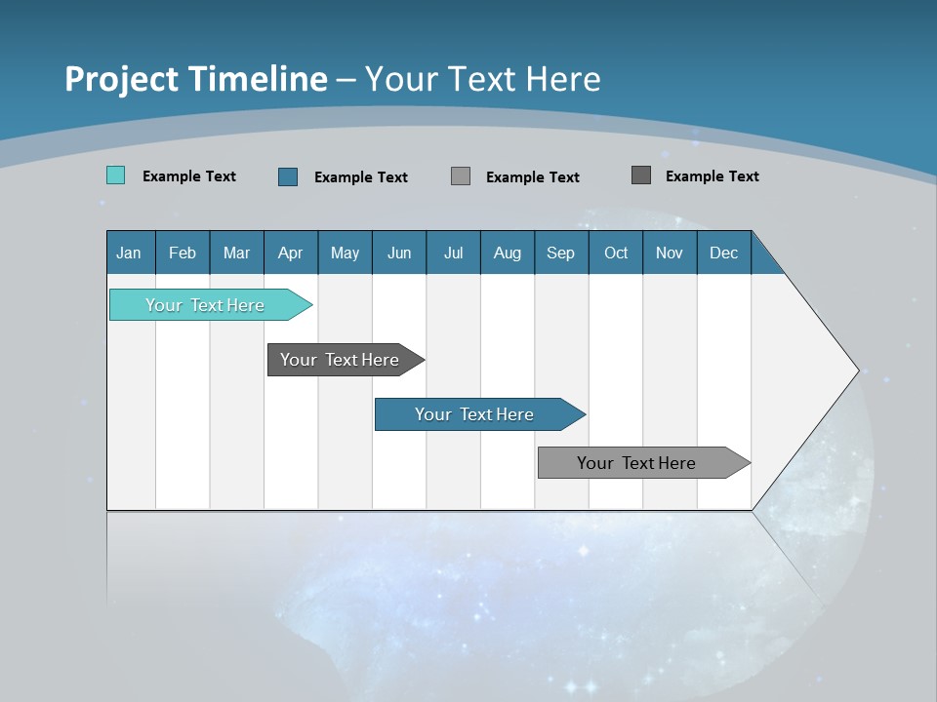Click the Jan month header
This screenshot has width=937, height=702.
tap(130, 253)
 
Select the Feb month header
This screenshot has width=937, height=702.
tap(183, 253)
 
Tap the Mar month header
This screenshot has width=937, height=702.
tap(236, 253)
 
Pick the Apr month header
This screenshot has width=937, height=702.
tap(291, 253)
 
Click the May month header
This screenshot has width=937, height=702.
tap(345, 253)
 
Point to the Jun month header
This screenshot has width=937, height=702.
tap(399, 253)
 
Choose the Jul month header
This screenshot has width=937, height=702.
tap(453, 253)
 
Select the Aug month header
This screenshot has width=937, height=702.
tap(508, 253)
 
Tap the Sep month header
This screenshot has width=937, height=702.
tap(561, 253)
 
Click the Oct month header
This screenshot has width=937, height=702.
tap(616, 253)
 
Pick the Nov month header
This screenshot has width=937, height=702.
tap(670, 253)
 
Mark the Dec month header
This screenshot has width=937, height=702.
tap(724, 253)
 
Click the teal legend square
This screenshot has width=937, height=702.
tap(115, 175)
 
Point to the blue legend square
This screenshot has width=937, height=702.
tap(288, 176)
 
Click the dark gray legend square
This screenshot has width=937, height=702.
tap(641, 175)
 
